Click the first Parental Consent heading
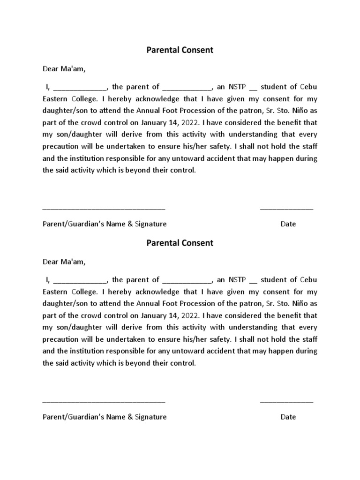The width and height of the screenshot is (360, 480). pos(180,50)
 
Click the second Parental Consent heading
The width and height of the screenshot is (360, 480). pos(180,243)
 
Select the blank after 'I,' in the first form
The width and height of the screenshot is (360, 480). pos(80,88)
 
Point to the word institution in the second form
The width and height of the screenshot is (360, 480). pos(89,351)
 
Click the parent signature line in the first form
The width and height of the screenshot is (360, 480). pos(104,208)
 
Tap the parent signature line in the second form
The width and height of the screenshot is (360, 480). pos(104,401)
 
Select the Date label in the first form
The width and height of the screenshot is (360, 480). pos(288,224)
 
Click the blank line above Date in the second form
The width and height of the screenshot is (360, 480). pos(286,401)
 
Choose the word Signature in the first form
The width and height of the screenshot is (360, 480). pos(150,224)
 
